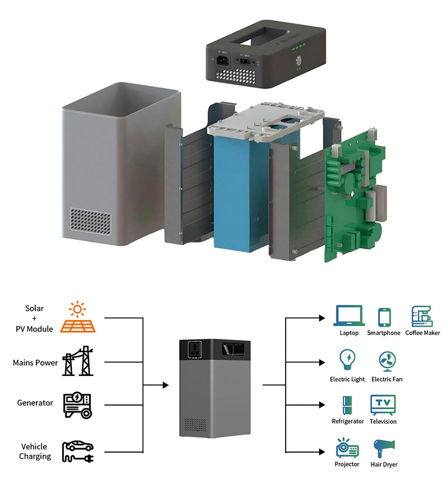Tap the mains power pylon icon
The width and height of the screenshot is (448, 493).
click(77, 361)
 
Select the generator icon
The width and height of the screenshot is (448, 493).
click(77, 404)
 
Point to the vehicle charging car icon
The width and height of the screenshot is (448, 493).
click(78, 451)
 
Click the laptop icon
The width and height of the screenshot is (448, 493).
click(349, 316)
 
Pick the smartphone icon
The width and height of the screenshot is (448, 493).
click(384, 317)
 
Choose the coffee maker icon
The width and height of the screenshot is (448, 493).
click(422, 317)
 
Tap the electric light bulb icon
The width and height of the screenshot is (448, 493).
click(347, 360)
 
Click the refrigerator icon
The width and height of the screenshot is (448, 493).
click(347, 404)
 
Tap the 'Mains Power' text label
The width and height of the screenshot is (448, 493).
click(35, 363)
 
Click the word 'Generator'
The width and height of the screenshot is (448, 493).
click(35, 403)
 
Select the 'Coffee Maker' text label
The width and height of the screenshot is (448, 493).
click(422, 333)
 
